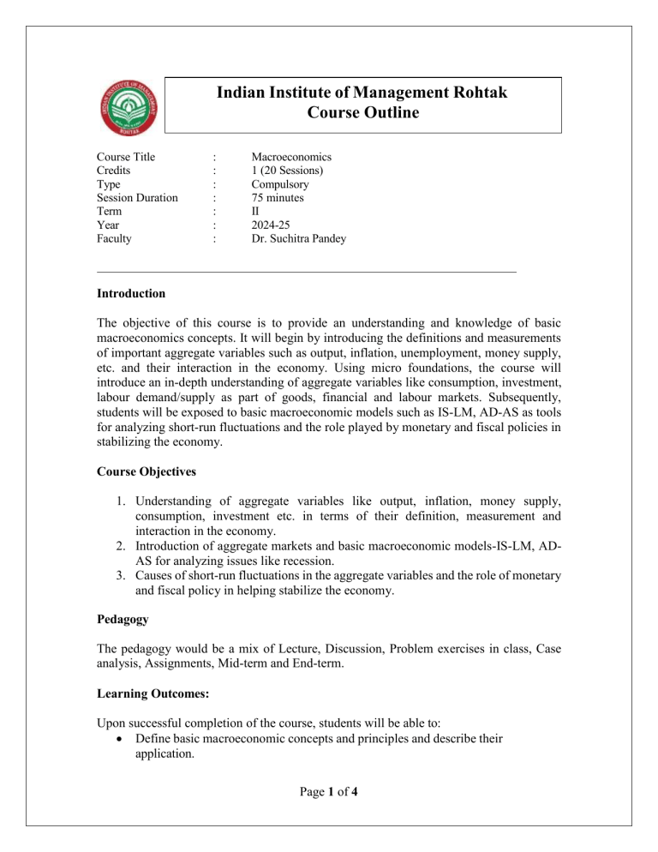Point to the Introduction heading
[133, 294]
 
